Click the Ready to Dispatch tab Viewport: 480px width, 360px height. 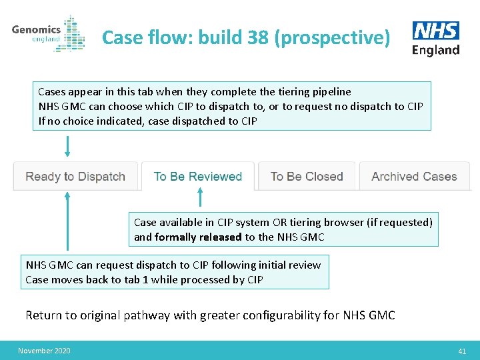tap(75, 177)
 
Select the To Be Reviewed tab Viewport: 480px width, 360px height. tap(197, 177)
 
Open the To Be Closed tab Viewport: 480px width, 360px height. tap(307, 177)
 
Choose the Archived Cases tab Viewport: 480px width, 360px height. tap(414, 177)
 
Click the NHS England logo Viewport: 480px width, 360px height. tap(436, 38)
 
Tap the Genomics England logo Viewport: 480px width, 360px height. tap(48, 33)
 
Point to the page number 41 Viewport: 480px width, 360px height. tap(462, 351)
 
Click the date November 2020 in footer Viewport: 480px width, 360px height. tap(44, 351)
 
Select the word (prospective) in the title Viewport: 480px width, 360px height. tap(332, 38)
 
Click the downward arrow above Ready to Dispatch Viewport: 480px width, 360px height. tap(67, 146)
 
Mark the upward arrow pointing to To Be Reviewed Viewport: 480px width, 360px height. tap(201, 197)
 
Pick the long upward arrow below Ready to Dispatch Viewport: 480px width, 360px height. tap(67, 220)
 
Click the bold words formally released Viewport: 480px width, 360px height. tap(198, 237)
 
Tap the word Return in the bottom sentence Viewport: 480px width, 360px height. tap(43, 315)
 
